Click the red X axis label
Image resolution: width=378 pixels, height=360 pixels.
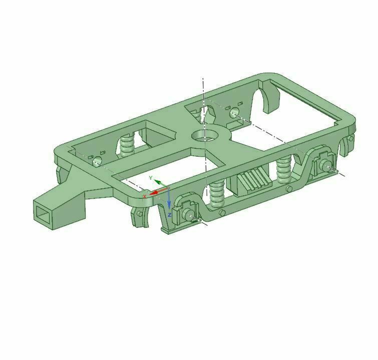145,196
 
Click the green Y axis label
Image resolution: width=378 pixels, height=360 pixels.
150,178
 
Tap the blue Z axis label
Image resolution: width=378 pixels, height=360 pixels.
170,215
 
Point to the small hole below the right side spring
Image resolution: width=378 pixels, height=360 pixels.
289,189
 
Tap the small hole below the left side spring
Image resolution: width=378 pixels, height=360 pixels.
222,213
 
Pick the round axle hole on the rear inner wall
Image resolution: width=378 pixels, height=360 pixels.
233,114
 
